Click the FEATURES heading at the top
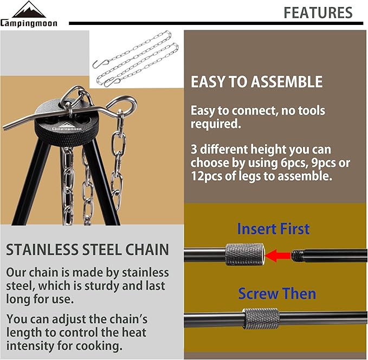[x=318, y=12]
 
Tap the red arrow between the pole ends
[x=277, y=254]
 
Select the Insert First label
[x=273, y=229]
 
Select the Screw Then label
[x=276, y=294]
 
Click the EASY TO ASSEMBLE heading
[x=256, y=82]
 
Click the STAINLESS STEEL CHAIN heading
[x=87, y=250]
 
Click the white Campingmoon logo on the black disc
[x=68, y=128]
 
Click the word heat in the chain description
[x=134, y=332]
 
